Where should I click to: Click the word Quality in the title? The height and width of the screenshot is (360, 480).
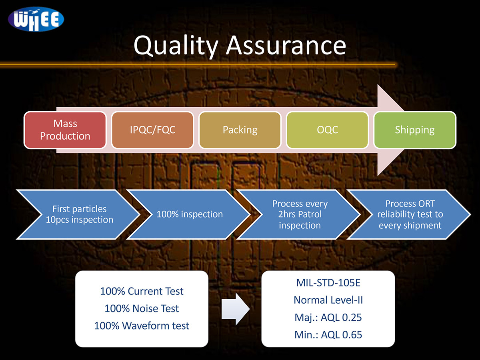pyautogui.click(x=176, y=45)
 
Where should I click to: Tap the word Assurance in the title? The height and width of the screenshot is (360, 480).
pyautogui.click(x=286, y=45)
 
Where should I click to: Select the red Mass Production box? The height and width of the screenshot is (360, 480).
pyautogui.click(x=65, y=130)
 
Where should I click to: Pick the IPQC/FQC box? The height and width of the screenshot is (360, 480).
pyautogui.click(x=152, y=130)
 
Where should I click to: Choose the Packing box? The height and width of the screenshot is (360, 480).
pyautogui.click(x=240, y=130)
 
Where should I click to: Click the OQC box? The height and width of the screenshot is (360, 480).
pyautogui.click(x=327, y=130)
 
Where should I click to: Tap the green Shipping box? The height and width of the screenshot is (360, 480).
pyautogui.click(x=414, y=130)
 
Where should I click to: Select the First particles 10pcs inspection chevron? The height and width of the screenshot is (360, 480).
pyautogui.click(x=79, y=214)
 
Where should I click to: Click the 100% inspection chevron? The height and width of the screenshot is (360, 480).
pyautogui.click(x=189, y=214)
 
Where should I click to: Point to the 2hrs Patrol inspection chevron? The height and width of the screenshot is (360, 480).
pyautogui.click(x=300, y=214)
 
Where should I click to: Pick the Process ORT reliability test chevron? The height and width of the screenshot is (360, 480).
pyautogui.click(x=410, y=214)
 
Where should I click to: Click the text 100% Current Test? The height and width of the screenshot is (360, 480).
pyautogui.click(x=142, y=291)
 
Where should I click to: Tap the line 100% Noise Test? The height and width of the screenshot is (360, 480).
pyautogui.click(x=142, y=308)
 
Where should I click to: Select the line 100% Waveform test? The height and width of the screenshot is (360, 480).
pyautogui.click(x=142, y=326)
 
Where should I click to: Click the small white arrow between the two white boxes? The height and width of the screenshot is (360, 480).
pyautogui.click(x=235, y=308)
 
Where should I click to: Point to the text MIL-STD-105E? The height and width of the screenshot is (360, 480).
pyautogui.click(x=328, y=283)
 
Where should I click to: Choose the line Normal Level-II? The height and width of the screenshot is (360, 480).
pyautogui.click(x=328, y=300)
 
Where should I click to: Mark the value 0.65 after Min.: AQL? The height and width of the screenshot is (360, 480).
pyautogui.click(x=352, y=335)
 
